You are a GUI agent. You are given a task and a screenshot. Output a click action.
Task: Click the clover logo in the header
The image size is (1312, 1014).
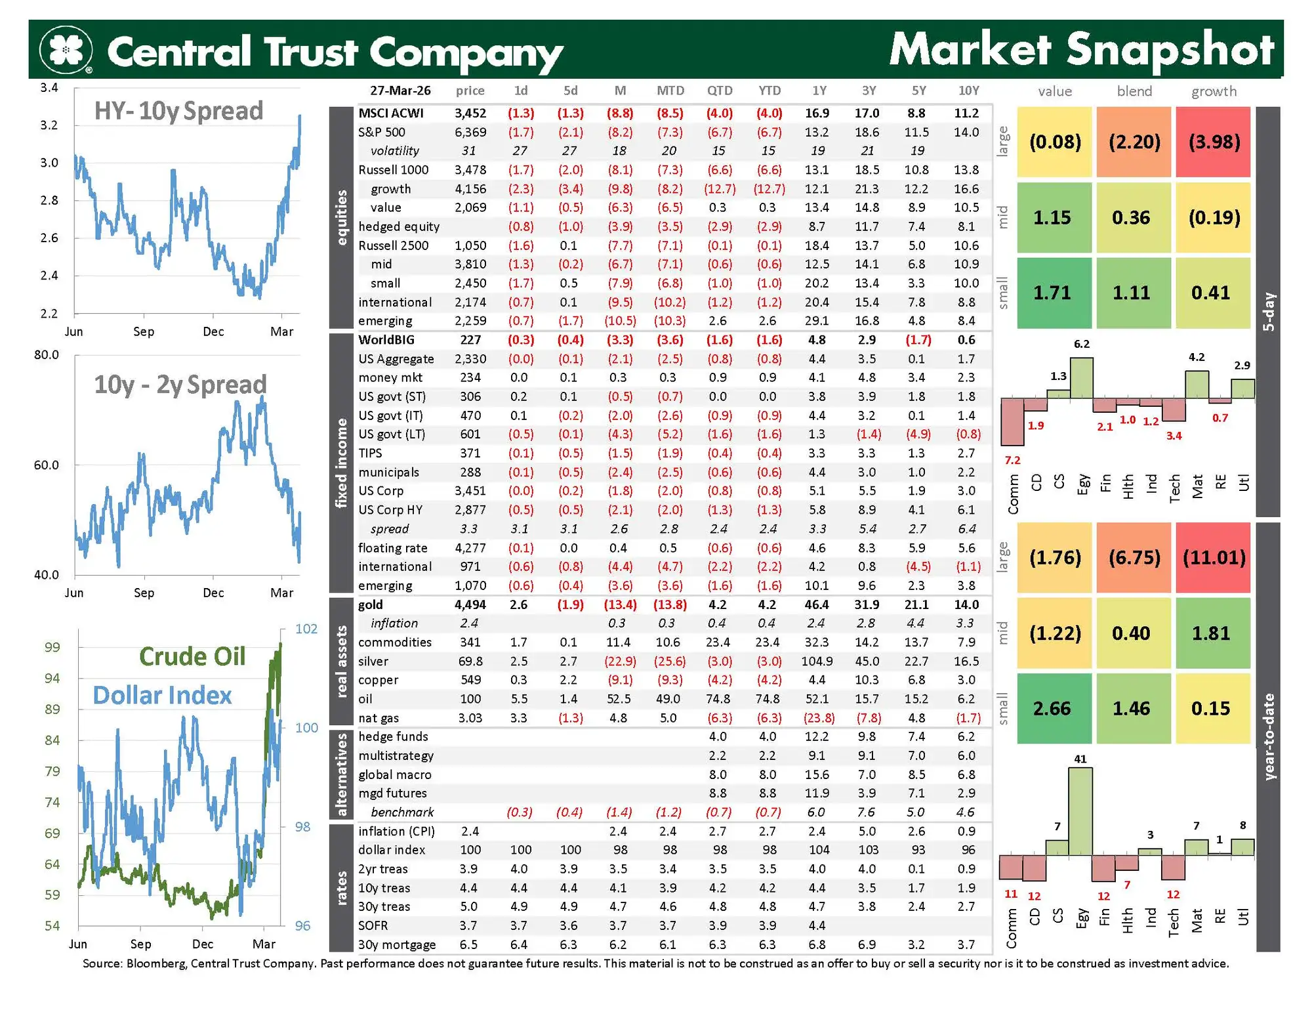pyautogui.click(x=66, y=49)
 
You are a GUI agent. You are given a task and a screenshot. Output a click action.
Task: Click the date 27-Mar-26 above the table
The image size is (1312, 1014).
pyautogui.click(x=400, y=91)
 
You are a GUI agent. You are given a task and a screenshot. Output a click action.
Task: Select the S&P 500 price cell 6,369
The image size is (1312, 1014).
pyautogui.click(x=470, y=133)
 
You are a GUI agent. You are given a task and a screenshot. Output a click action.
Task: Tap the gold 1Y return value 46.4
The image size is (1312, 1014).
pyautogui.click(x=817, y=604)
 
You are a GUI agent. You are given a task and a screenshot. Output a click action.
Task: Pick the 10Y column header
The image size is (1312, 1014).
pyautogui.click(x=968, y=91)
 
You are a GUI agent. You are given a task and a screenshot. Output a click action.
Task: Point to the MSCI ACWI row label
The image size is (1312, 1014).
pyautogui.click(x=391, y=114)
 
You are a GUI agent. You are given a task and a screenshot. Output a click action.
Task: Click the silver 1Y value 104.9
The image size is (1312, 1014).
pyautogui.click(x=817, y=662)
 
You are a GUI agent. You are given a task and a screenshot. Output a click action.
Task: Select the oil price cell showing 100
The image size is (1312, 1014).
pyautogui.click(x=470, y=699)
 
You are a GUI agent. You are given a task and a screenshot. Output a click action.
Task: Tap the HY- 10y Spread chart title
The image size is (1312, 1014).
pyautogui.click(x=178, y=111)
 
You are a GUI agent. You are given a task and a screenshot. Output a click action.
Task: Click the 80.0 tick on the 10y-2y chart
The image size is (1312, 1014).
pyautogui.click(x=47, y=355)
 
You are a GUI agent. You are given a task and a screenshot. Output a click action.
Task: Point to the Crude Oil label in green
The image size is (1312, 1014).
pyautogui.click(x=192, y=656)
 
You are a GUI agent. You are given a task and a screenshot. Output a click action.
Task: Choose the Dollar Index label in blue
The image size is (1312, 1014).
pyautogui.click(x=162, y=696)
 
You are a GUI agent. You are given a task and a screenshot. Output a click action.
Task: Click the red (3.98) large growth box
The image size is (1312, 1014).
pyautogui.click(x=1214, y=142)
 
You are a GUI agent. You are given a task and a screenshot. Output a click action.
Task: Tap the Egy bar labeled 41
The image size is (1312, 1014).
pyautogui.click(x=1080, y=811)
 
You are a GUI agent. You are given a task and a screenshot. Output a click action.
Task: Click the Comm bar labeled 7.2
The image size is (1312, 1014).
pyautogui.click(x=1012, y=421)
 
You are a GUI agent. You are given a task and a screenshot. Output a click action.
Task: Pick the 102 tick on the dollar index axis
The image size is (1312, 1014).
pyautogui.click(x=306, y=629)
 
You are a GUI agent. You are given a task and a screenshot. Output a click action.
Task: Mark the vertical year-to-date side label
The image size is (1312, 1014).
pyautogui.click(x=1269, y=736)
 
